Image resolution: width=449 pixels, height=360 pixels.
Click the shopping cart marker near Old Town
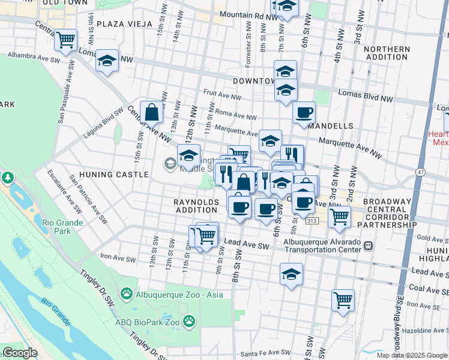click(x=65, y=40)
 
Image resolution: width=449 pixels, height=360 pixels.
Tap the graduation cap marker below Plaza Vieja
click(x=107, y=61)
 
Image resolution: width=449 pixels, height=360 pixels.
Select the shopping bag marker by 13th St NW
click(x=152, y=111)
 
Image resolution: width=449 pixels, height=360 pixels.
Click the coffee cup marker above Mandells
click(x=304, y=112)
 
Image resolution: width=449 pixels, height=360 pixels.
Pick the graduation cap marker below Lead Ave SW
click(x=291, y=274)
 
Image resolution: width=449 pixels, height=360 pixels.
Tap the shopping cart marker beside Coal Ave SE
click(x=342, y=299)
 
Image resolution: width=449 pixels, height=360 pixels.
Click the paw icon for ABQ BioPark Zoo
click(x=189, y=320)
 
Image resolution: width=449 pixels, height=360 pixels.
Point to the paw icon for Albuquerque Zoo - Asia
click(x=127, y=293)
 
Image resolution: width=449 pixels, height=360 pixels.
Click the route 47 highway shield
click(x=420, y=172)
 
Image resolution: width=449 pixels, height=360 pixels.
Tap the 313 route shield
click(x=311, y=221)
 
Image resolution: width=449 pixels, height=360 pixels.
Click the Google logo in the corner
click(x=19, y=353)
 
